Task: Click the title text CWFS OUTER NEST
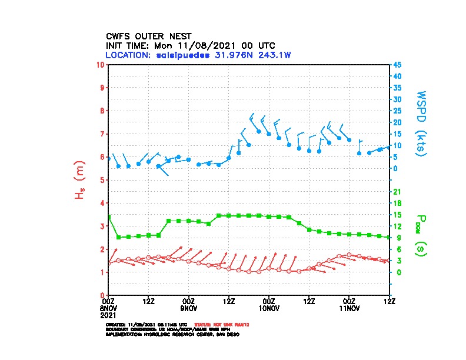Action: [x=148, y=36]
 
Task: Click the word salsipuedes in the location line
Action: [x=182, y=55]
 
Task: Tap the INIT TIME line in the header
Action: [x=190, y=45]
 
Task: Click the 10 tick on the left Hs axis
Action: [x=101, y=64]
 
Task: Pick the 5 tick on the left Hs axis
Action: [x=102, y=179]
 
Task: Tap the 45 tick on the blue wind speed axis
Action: [x=398, y=64]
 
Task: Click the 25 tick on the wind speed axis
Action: [x=398, y=111]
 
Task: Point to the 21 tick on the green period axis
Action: [x=398, y=191]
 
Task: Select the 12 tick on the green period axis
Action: [x=398, y=226]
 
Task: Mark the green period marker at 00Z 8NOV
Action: [x=109, y=217]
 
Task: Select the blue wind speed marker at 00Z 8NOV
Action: [x=109, y=158]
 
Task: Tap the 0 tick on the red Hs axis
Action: [x=102, y=295]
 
